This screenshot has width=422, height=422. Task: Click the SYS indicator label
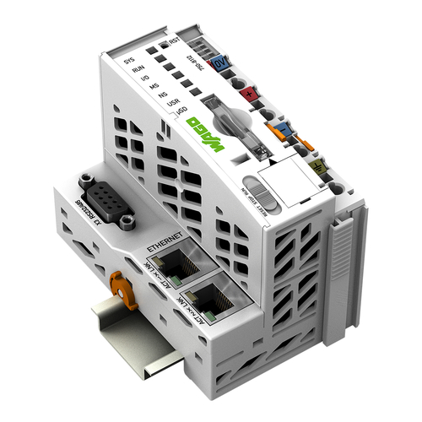pyautogui.click(x=128, y=61)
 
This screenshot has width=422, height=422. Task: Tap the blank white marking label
pyautogui.click(x=278, y=181)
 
